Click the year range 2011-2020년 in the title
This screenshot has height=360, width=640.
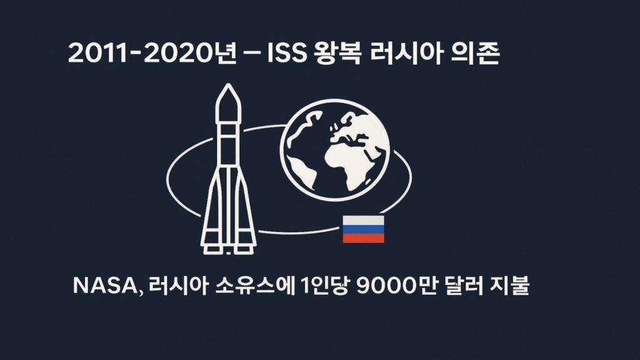(x=152, y=54)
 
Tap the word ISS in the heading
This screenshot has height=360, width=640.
(x=286, y=54)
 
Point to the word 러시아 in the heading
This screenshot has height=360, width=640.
(x=406, y=54)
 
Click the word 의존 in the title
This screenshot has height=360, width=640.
(x=476, y=54)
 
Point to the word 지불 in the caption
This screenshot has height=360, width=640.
(x=510, y=285)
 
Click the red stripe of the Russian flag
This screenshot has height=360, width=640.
(x=363, y=238)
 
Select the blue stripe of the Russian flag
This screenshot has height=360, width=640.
(x=363, y=229)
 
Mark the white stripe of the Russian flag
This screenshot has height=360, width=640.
(x=363, y=221)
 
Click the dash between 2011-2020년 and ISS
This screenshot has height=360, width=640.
(x=252, y=54)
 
